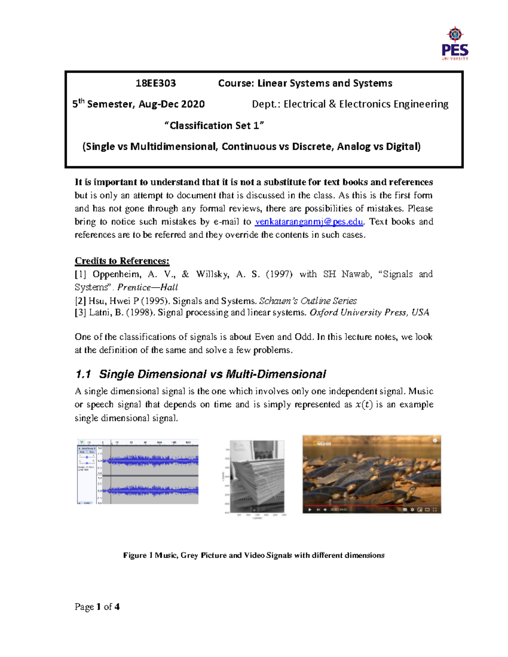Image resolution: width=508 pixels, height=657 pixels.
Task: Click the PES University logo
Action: pyautogui.click(x=455, y=44)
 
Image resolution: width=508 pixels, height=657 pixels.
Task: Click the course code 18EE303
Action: pyautogui.click(x=155, y=83)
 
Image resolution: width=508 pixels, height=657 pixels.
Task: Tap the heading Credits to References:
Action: pyautogui.click(x=122, y=261)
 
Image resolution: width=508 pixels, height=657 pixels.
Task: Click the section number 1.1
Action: pyautogui.click(x=83, y=374)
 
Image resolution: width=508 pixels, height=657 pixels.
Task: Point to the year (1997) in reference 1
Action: pyautogui.click(x=279, y=274)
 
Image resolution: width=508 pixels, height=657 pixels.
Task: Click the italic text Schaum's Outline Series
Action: pyautogui.click(x=308, y=301)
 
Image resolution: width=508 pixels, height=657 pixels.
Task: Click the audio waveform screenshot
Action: pyautogui.click(x=138, y=472)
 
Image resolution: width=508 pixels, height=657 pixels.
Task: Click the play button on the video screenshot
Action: pyautogui.click(x=310, y=509)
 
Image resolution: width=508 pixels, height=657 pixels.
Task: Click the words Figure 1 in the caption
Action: pyautogui.click(x=135, y=555)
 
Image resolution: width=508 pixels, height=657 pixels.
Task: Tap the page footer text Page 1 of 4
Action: pyautogui.click(x=97, y=607)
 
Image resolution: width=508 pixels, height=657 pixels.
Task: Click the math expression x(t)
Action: pyautogui.click(x=364, y=404)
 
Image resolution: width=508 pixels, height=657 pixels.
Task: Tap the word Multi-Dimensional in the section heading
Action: pyautogui.click(x=276, y=374)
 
